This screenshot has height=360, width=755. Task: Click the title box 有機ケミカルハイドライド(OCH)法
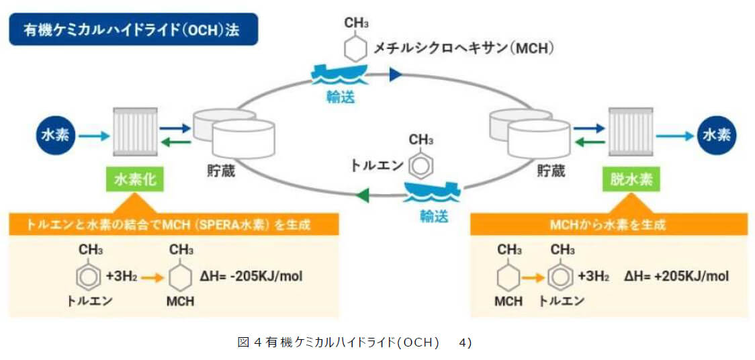[133, 30]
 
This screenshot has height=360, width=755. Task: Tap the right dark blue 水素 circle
[717, 135]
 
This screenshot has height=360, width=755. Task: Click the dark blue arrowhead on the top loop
[395, 74]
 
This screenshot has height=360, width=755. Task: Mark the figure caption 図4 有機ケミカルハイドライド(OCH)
[355, 343]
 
